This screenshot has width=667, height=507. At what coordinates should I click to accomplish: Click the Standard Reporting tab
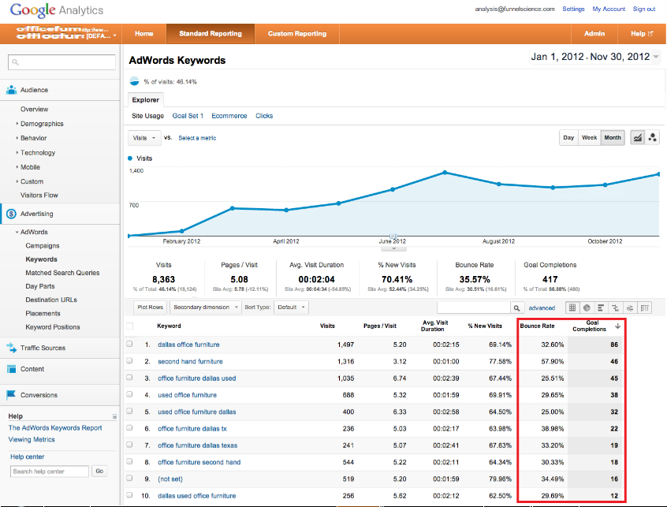pos(210,34)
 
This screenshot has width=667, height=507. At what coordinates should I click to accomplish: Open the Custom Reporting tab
pos(296,34)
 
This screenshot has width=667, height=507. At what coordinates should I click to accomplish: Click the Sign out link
pos(644,9)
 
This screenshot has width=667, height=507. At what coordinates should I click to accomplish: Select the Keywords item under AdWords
pos(41,259)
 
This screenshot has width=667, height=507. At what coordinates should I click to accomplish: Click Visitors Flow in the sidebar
pos(39,196)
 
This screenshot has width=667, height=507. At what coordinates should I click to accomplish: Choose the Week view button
pos(589,138)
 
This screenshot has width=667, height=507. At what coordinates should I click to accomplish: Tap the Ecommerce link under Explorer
pos(229,116)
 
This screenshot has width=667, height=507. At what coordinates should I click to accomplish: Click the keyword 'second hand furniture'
pos(190,361)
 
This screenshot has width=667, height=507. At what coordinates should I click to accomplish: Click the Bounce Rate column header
pos(538,326)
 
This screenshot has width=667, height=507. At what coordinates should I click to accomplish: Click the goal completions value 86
pos(612,345)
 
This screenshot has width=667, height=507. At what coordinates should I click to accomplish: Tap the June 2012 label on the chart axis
pos(392,241)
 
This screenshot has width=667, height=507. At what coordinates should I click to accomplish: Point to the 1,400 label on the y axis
pos(136,170)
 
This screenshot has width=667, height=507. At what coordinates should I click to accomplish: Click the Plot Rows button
pos(150,308)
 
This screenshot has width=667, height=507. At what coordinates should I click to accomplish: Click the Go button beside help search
pos(99,472)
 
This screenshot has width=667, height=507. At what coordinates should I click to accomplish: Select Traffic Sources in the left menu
pos(43,348)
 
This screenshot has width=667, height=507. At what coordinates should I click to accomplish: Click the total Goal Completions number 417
pos(550,278)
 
